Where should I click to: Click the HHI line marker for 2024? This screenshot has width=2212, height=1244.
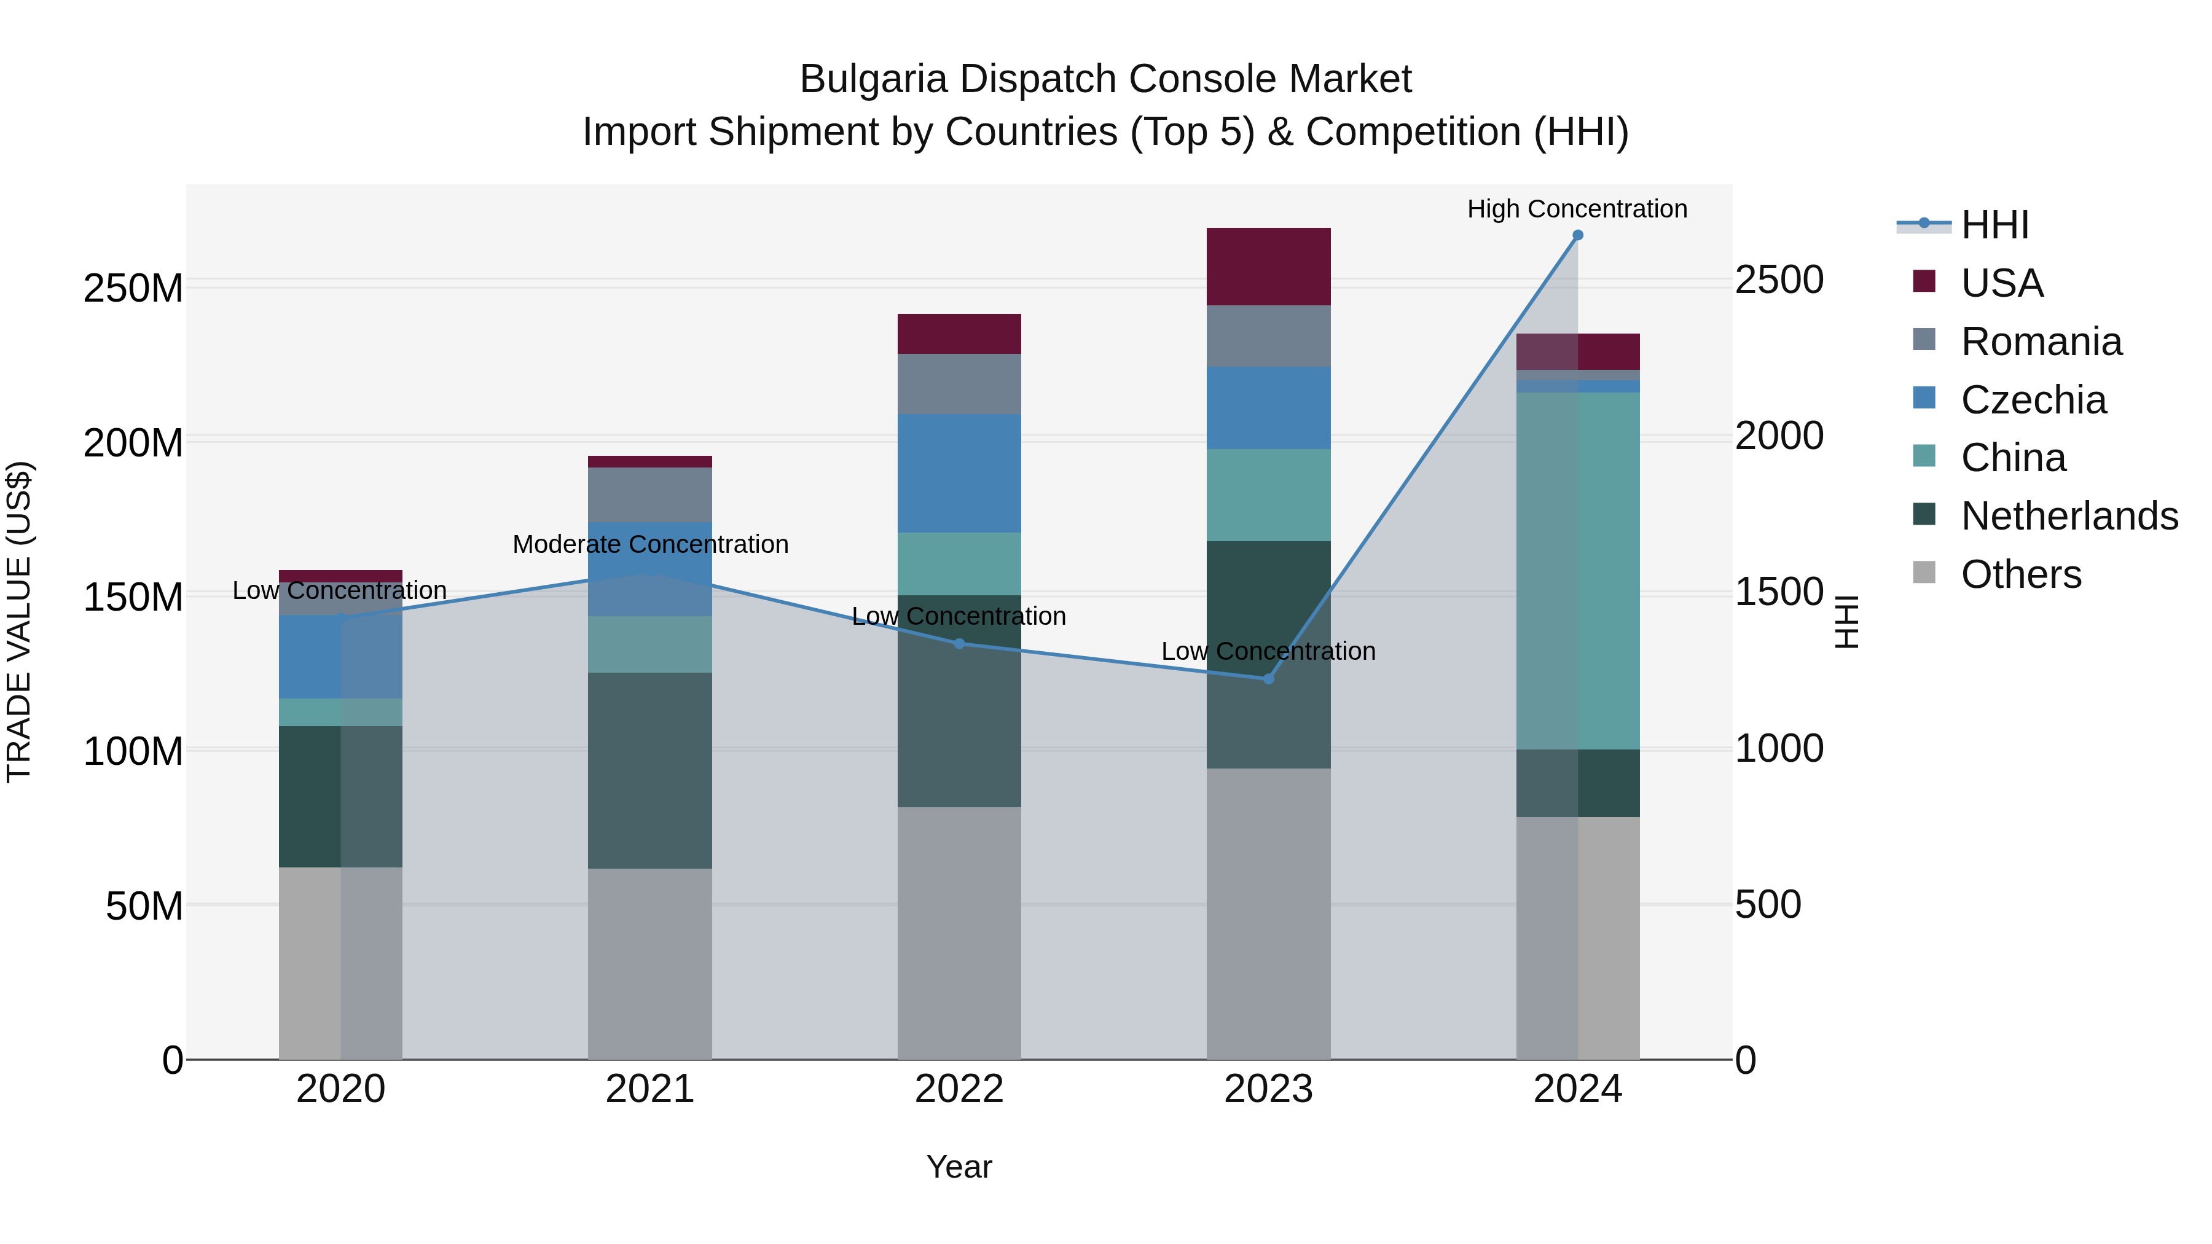pyautogui.click(x=1577, y=235)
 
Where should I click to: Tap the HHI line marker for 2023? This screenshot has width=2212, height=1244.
pyautogui.click(x=1268, y=679)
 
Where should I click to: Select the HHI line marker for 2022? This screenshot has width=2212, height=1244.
pyautogui.click(x=959, y=644)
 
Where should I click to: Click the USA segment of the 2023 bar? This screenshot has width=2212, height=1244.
pyautogui.click(x=1268, y=267)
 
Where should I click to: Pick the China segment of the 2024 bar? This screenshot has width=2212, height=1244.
pyautogui.click(x=1577, y=571)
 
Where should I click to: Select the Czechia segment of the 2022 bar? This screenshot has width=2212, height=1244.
pyautogui.click(x=959, y=473)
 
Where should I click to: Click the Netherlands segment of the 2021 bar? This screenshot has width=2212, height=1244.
pyautogui.click(x=650, y=770)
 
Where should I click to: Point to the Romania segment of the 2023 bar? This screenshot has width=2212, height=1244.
pyautogui.click(x=1268, y=337)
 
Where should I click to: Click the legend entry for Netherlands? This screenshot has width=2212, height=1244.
pyautogui.click(x=2069, y=516)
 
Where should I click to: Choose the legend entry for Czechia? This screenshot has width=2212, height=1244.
pyautogui.click(x=2033, y=400)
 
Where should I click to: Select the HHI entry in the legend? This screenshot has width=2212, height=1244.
pyautogui.click(x=1994, y=225)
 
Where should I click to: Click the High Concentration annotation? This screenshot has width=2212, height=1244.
pyautogui.click(x=1577, y=209)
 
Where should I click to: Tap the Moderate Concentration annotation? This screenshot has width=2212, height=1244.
pyautogui.click(x=650, y=544)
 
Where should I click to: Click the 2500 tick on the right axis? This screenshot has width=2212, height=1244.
pyautogui.click(x=1778, y=280)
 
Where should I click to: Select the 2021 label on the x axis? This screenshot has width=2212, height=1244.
pyautogui.click(x=650, y=1089)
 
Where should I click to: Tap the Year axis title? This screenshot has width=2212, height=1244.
pyautogui.click(x=959, y=1167)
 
